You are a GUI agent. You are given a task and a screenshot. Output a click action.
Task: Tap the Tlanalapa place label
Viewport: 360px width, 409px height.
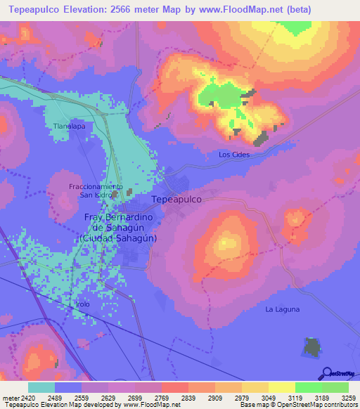(69, 126)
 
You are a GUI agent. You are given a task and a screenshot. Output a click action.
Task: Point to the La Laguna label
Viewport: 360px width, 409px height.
(283, 309)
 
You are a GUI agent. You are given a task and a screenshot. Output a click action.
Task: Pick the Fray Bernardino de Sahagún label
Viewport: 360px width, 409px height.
(118, 228)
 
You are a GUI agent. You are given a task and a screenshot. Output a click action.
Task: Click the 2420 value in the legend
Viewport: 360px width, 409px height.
(27, 397)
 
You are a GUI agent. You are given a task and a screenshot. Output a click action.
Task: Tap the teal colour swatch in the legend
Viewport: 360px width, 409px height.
(41, 387)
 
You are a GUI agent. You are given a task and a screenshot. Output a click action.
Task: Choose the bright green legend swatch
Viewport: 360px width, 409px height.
(308, 387)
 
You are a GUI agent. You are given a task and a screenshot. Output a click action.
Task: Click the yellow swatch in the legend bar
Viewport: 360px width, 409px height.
(281, 387)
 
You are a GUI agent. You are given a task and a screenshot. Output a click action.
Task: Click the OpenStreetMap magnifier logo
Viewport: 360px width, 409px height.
(326, 373)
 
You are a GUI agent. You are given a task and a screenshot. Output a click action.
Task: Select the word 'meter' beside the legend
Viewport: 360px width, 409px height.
(11, 397)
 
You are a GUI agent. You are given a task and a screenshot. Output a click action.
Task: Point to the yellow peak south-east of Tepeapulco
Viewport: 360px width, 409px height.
(227, 243)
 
